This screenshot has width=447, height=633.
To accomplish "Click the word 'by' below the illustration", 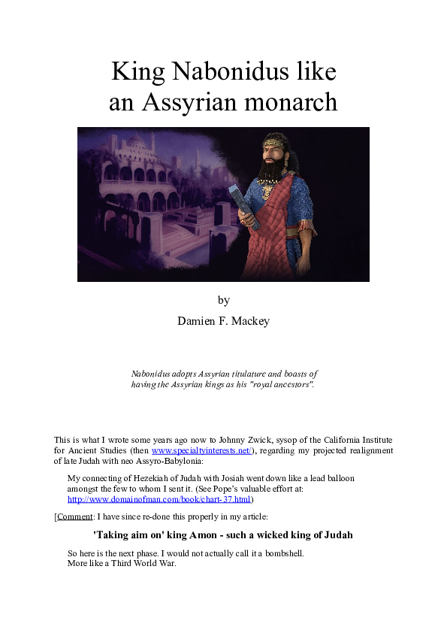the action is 223,300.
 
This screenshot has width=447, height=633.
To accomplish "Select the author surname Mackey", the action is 249,320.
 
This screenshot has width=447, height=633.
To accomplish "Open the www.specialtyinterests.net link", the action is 201,450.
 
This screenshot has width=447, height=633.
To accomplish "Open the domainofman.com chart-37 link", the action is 159,498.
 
